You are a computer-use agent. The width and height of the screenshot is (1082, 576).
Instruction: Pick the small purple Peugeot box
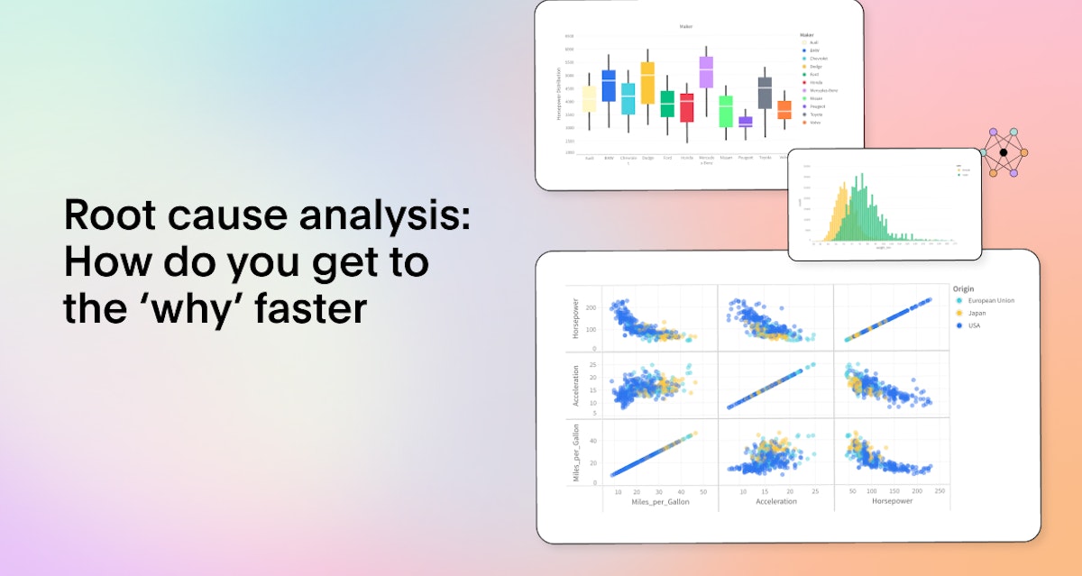(x=745, y=122)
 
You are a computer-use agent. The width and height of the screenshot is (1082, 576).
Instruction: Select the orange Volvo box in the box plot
(x=784, y=109)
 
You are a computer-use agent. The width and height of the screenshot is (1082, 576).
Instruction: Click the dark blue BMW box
(x=609, y=86)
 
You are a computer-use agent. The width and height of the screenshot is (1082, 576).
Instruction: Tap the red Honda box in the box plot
(x=687, y=107)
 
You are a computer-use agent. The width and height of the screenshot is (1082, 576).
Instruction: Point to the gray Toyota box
(x=765, y=93)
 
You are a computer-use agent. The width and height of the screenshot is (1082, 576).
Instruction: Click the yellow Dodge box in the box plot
(x=647, y=82)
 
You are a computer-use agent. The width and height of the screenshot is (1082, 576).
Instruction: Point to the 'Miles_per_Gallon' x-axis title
(x=661, y=501)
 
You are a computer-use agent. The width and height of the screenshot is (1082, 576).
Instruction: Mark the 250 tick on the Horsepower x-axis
(x=940, y=491)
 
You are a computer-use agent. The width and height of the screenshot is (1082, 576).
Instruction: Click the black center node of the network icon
(x=1003, y=152)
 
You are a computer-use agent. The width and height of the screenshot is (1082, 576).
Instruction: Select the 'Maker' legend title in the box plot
(x=793, y=35)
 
